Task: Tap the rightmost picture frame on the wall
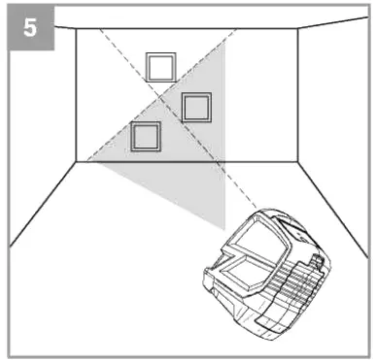pos(196,106)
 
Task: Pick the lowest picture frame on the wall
pos(146,137)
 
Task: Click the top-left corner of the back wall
pos(77,29)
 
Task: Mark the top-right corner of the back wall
pos(297,29)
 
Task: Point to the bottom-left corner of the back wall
pos(77,162)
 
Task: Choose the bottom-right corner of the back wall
pos(297,162)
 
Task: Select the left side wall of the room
pos(44,107)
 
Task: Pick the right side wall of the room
pos(330,107)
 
